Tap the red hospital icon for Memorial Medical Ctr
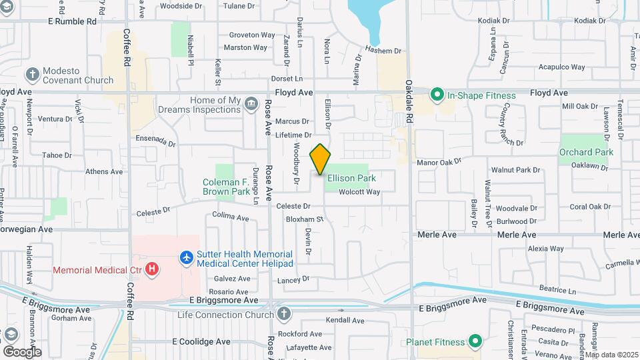click(153, 269)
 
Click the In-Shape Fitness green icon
click(437, 95)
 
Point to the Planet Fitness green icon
click(475, 343)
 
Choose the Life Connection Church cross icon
click(284, 313)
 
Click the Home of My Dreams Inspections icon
click(251, 103)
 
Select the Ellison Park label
click(351, 178)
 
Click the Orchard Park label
click(586, 152)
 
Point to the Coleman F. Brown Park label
click(226, 187)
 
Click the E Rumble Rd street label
click(73, 21)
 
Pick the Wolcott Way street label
click(359, 192)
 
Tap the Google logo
click(22, 351)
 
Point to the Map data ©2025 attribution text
click(611, 355)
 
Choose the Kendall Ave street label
click(346, 321)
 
